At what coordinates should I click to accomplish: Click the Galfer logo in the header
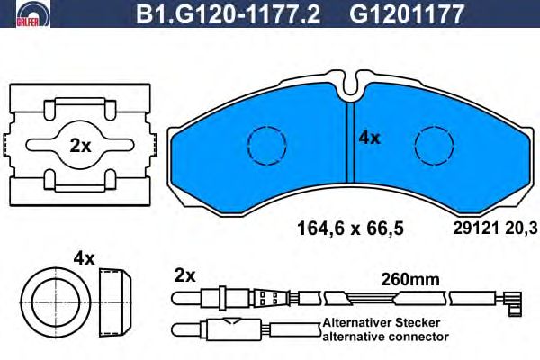33,13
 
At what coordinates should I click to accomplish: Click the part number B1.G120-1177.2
228,13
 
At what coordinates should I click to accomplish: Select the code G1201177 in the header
407,13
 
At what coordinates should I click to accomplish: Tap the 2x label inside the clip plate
80,146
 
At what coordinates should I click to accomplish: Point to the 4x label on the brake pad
369,138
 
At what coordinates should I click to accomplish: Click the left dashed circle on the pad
267,145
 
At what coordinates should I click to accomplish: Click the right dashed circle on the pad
434,145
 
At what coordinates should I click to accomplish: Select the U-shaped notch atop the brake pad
349,84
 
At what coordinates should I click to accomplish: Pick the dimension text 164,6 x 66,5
350,229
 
